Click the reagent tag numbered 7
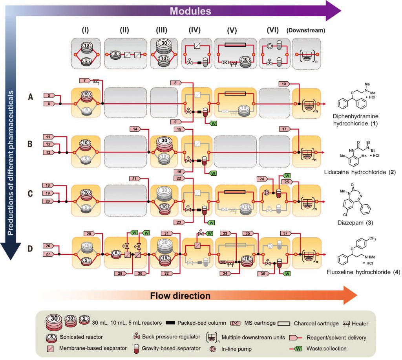tap(85, 81)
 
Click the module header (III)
tap(161, 30)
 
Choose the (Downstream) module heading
tap(305, 30)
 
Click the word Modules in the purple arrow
tap(190, 11)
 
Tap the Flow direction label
tap(180, 296)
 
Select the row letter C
tap(30, 193)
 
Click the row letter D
tap(30, 248)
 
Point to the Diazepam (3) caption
tap(355, 222)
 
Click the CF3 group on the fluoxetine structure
tap(373, 239)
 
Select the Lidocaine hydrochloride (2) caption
tap(360, 172)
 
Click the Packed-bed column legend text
tap(202, 323)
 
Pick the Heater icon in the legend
tap(346, 324)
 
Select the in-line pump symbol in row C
tap(267, 193)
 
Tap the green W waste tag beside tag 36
tap(287, 274)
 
